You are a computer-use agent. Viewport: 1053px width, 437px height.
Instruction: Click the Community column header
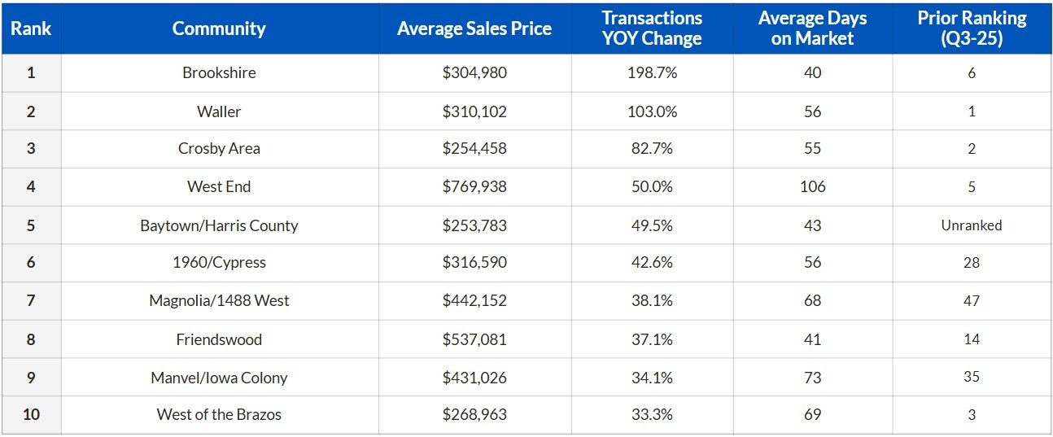pyautogui.click(x=219, y=28)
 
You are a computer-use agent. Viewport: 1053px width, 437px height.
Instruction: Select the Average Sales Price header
pyautogui.click(x=474, y=28)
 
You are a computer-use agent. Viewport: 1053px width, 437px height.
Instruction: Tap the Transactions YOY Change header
pyautogui.click(x=652, y=28)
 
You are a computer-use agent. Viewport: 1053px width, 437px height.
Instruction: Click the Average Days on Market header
pyautogui.click(x=812, y=28)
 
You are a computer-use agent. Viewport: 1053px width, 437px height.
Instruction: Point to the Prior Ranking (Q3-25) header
pyautogui.click(x=972, y=28)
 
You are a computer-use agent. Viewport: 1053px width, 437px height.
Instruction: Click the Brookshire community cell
pyautogui.click(x=219, y=72)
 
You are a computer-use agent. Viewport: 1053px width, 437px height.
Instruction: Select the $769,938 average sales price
pyautogui.click(x=474, y=186)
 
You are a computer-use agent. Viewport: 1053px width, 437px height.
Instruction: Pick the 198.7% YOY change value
pyautogui.click(x=652, y=72)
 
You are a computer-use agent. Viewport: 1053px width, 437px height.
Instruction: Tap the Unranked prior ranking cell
pyautogui.click(x=972, y=225)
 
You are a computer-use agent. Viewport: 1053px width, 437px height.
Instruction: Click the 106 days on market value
pyautogui.click(x=812, y=186)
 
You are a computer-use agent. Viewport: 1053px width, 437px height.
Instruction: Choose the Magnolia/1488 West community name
pyautogui.click(x=219, y=300)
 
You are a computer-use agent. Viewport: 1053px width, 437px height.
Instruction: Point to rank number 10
pyautogui.click(x=31, y=414)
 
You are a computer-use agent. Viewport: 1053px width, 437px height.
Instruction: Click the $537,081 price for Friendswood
pyautogui.click(x=474, y=339)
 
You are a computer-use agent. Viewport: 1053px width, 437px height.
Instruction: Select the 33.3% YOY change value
pyautogui.click(x=652, y=414)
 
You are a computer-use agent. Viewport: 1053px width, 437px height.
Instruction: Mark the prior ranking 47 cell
pyautogui.click(x=972, y=300)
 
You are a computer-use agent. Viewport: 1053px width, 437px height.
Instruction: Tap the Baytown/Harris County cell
pyautogui.click(x=219, y=225)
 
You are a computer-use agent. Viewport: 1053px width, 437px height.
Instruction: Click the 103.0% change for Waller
pyautogui.click(x=652, y=111)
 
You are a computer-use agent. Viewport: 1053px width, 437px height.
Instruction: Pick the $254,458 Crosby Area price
pyautogui.click(x=474, y=148)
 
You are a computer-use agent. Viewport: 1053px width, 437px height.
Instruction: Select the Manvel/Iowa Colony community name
pyautogui.click(x=219, y=378)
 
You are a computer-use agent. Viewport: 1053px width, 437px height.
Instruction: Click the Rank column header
pyautogui.click(x=31, y=28)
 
